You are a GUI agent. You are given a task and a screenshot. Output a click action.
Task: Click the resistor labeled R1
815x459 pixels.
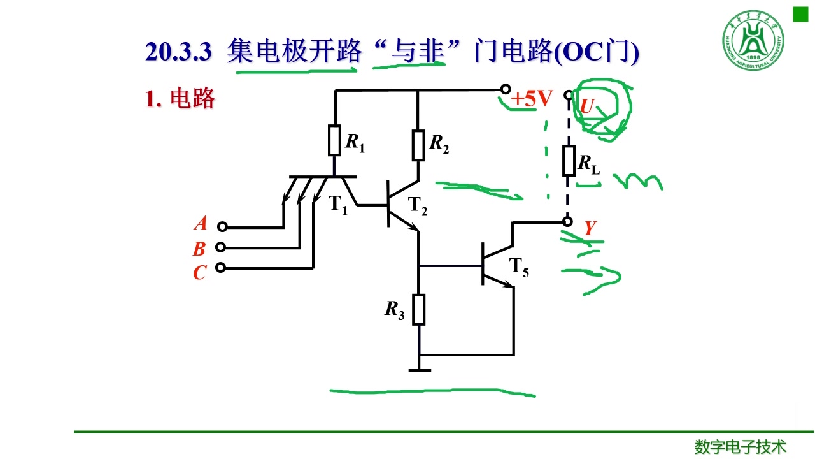334,140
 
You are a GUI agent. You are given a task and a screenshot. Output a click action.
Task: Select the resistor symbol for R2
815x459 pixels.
418,145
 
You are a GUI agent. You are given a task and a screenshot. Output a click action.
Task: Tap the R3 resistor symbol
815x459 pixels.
418,309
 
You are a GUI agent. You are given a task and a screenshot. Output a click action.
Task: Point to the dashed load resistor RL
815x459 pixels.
569,161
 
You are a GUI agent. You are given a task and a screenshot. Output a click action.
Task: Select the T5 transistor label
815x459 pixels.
519,268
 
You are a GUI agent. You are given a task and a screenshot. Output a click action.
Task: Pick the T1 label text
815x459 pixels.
338,205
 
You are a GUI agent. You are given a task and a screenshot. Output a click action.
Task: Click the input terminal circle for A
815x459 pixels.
222,226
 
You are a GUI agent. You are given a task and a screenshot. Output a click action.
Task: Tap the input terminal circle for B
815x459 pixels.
221,247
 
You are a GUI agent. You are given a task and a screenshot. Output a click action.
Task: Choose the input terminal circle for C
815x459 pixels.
220,268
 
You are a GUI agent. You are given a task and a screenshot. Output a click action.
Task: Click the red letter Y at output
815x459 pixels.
590,228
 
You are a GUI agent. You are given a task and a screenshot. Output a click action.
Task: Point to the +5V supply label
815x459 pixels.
532,99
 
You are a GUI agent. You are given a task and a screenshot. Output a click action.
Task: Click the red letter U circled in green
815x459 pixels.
586,107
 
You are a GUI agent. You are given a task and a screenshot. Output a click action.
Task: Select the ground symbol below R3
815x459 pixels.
419,368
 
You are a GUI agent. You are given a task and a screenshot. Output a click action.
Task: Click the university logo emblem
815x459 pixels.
753,40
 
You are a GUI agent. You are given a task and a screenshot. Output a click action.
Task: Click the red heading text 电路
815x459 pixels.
192,99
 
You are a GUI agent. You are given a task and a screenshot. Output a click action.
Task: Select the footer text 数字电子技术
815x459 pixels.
741,447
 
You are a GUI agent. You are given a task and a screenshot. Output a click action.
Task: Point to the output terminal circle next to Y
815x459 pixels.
568,221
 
